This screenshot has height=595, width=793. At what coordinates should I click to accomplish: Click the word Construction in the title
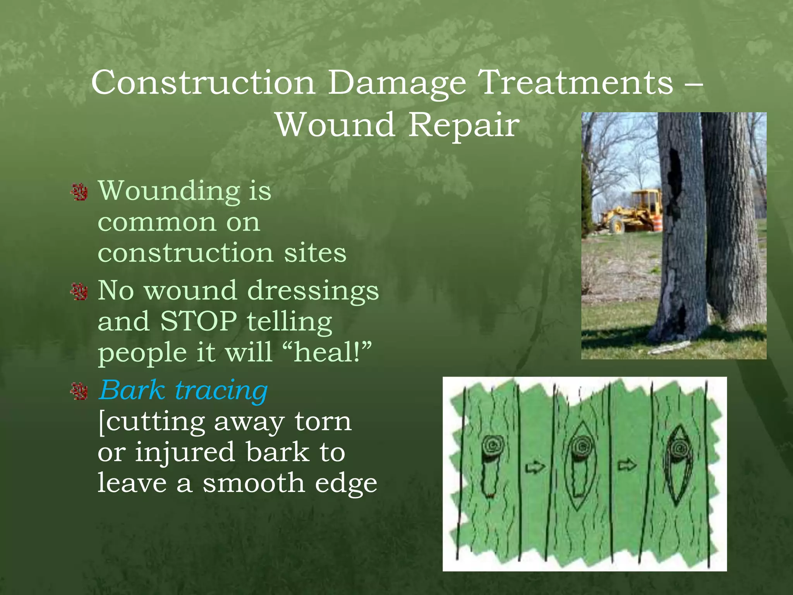(203, 83)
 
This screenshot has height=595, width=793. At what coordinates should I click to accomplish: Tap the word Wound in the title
(335, 125)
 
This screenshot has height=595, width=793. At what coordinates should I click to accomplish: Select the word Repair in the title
(463, 126)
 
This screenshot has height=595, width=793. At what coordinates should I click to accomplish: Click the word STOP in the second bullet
(199, 321)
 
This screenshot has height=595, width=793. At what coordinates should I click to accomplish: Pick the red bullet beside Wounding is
(79, 192)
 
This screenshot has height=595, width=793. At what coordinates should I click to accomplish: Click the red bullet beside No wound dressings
(79, 292)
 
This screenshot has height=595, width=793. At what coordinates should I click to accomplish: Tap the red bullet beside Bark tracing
(79, 391)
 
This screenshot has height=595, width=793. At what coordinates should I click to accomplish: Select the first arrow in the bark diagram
(535, 468)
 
